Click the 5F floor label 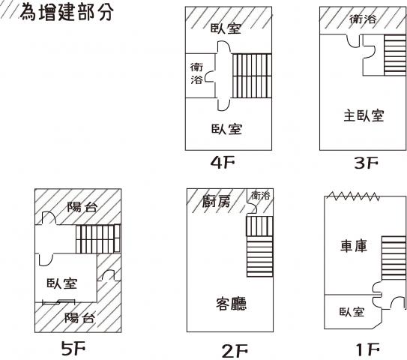(x=73, y=348)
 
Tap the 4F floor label (x=223, y=162)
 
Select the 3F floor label (x=367, y=163)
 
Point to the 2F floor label (x=235, y=351)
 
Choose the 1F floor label (x=368, y=349)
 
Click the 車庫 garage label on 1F (x=354, y=246)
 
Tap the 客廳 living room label (x=232, y=303)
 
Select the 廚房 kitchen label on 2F (x=216, y=201)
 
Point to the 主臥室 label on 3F (x=364, y=115)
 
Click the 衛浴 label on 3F (x=363, y=19)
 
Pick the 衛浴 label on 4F (x=196, y=73)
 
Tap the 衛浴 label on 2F (x=261, y=195)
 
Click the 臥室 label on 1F (x=352, y=312)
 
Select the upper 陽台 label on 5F (x=82, y=207)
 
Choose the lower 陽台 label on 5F (x=79, y=318)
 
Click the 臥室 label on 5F (x=62, y=283)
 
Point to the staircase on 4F (x=252, y=76)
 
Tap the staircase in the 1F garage (x=394, y=258)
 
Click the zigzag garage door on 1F (x=353, y=196)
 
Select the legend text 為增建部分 (x=67, y=12)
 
